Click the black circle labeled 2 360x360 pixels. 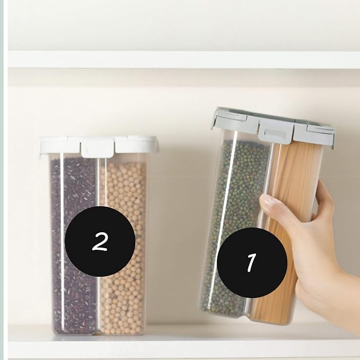click(x=100, y=241)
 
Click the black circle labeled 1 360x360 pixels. click(x=252, y=262)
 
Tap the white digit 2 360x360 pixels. click(x=100, y=241)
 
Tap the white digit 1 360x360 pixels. click(x=252, y=262)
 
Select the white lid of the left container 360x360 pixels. click(x=99, y=145)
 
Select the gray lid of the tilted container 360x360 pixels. click(x=273, y=127)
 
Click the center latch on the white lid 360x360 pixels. click(x=98, y=149)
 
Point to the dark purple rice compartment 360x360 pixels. click(x=74, y=243)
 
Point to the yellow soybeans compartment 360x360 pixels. click(x=124, y=248)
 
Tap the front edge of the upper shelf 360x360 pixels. click(x=183, y=60)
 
